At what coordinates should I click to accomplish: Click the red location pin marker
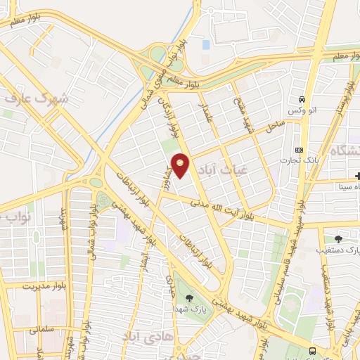point(181,166)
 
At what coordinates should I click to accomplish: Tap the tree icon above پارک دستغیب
point(338,239)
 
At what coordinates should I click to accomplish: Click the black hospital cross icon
point(358,175)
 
